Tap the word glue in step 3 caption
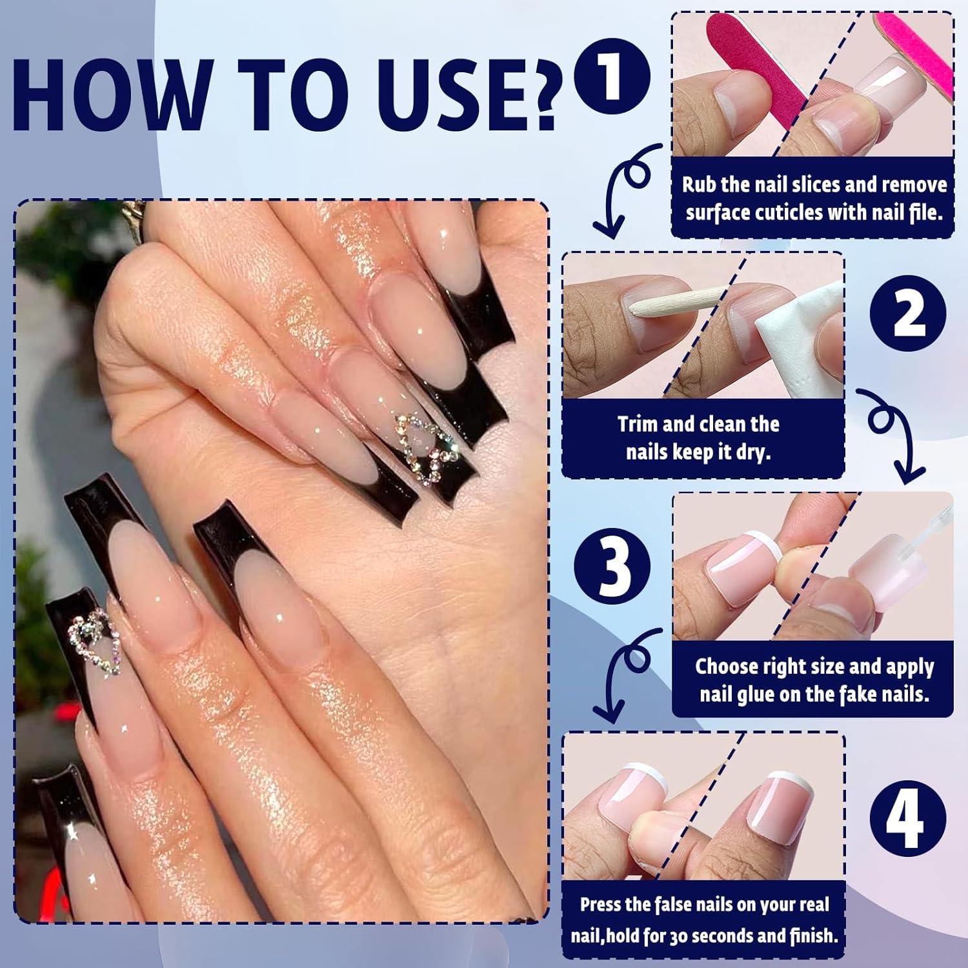pyautogui.click(x=755, y=694)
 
